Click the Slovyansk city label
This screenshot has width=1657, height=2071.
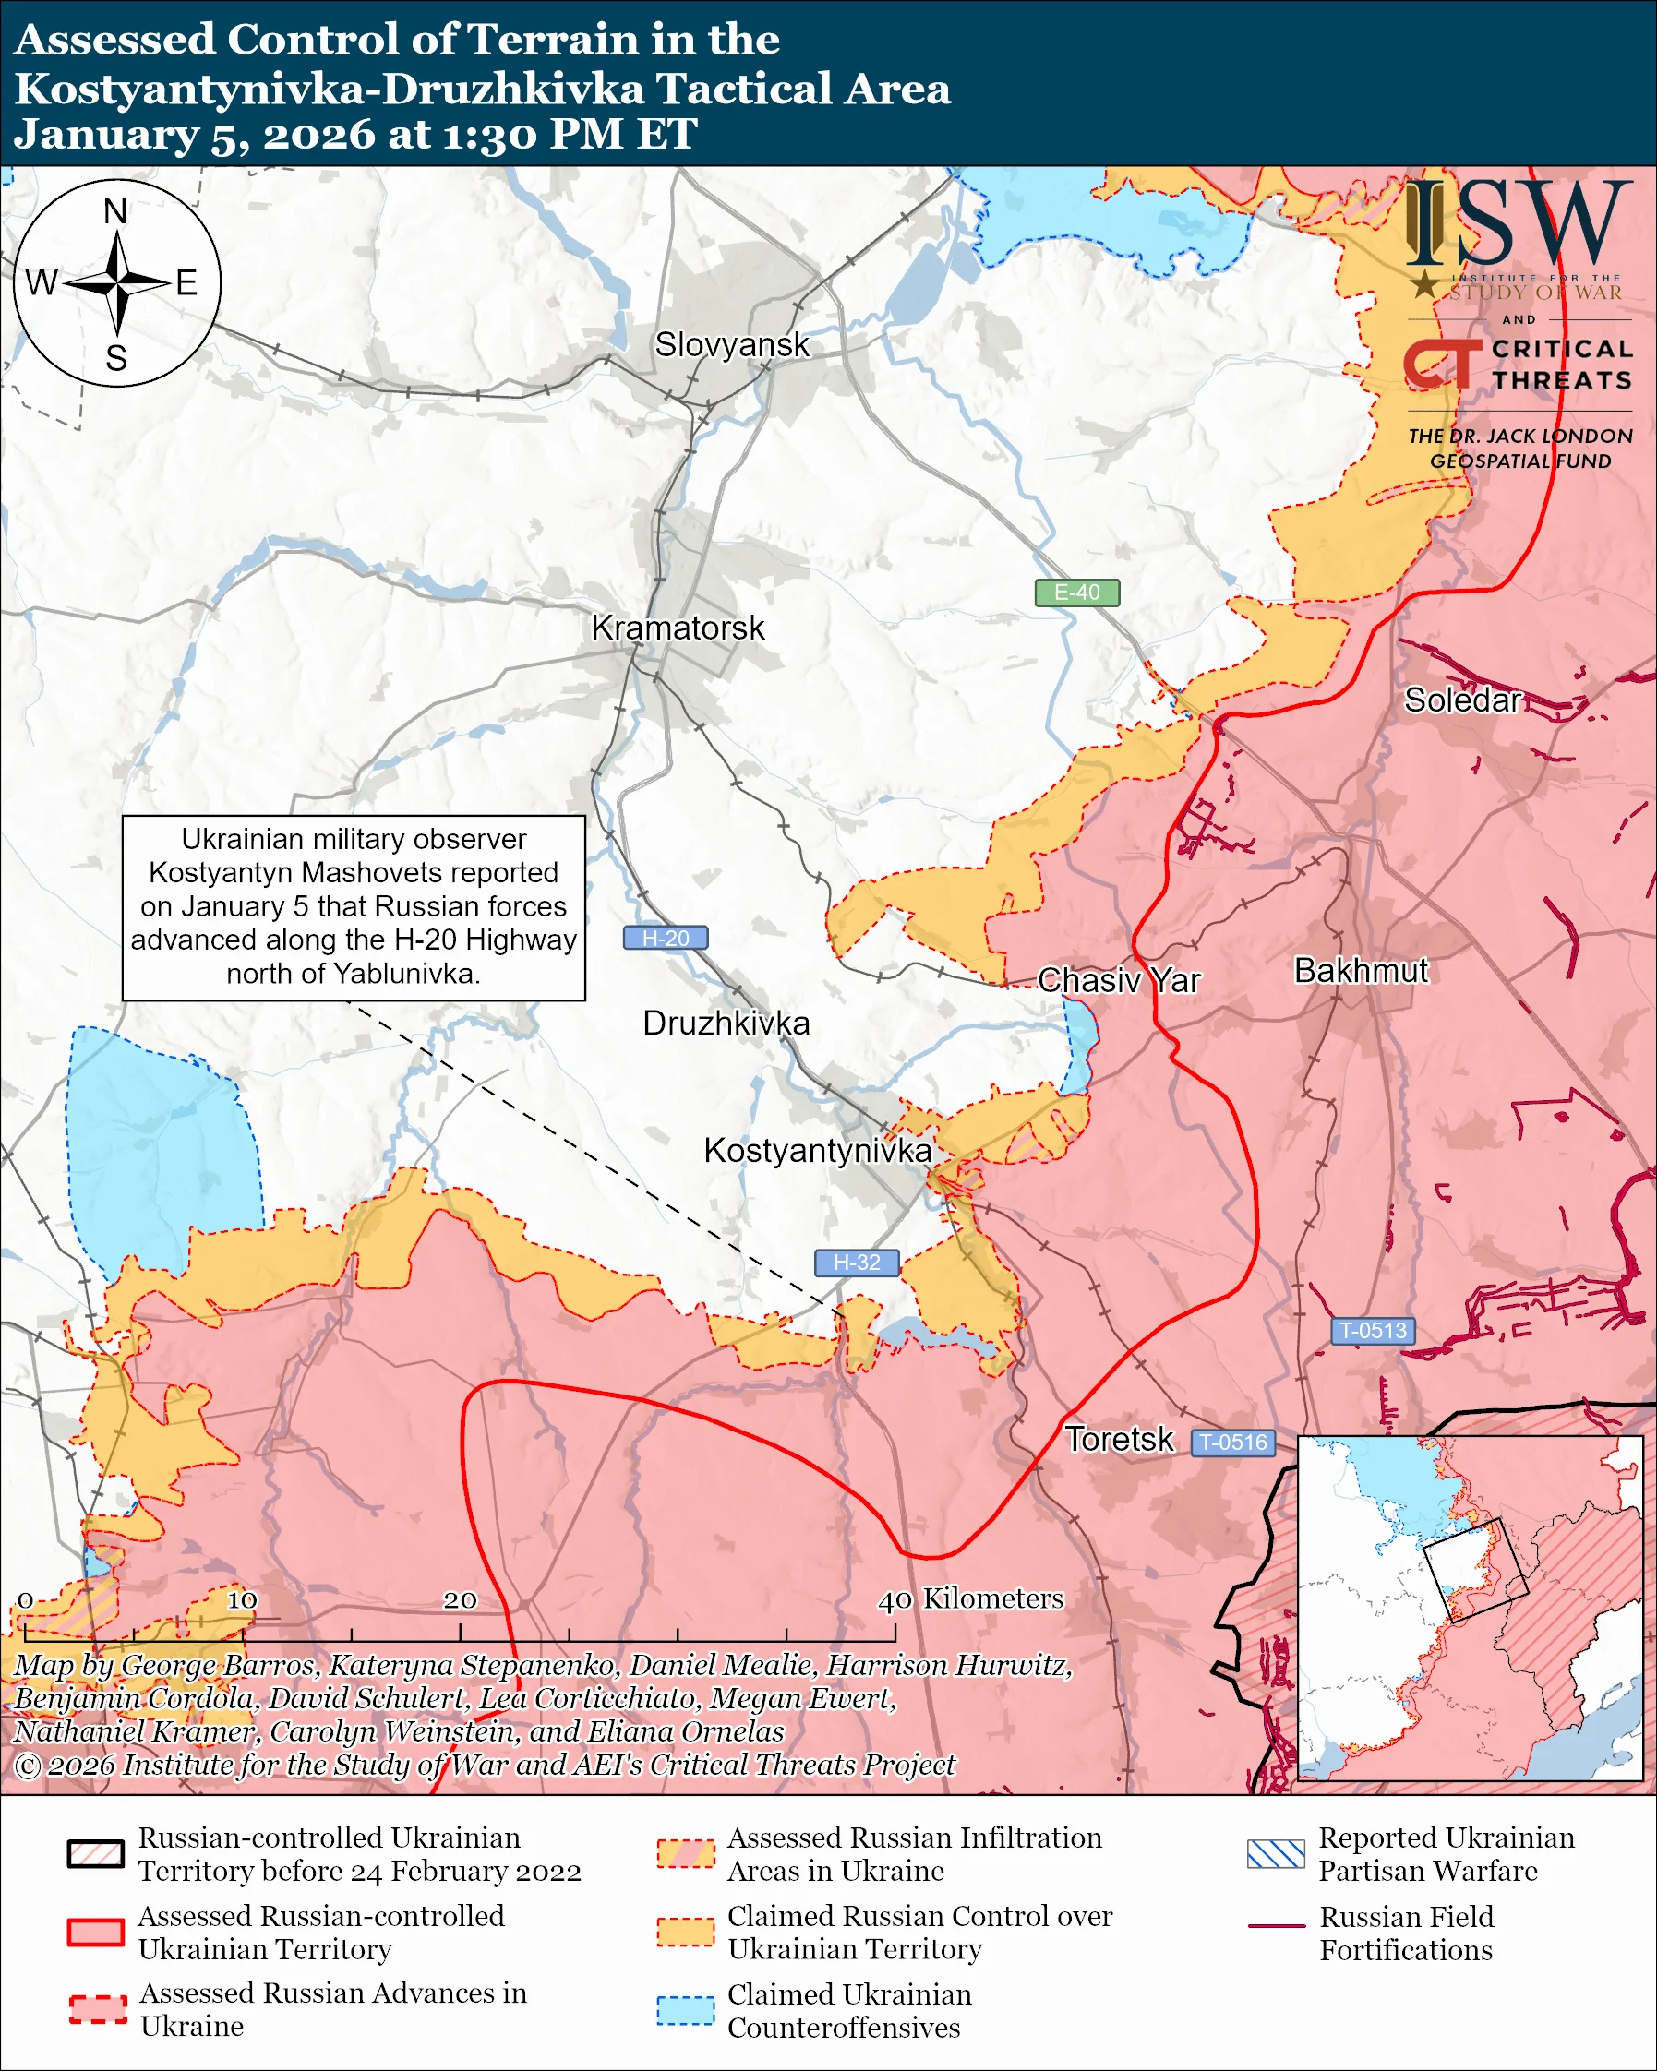coord(732,345)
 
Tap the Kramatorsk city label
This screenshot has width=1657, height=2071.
coord(678,628)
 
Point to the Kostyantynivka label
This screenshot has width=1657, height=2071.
coord(818,1151)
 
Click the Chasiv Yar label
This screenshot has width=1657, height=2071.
coord(1119,981)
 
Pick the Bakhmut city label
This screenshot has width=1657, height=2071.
coord(1362,971)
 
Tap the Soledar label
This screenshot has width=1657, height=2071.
coord(1462,700)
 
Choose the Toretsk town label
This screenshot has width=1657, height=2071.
coord(1119,1440)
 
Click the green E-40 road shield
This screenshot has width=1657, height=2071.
coord(1076,593)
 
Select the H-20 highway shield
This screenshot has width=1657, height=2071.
coord(666,939)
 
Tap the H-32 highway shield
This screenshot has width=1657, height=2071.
coord(856,1263)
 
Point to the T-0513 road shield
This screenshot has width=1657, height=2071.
coord(1373,1332)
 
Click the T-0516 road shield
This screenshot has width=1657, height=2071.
coord(1233,1443)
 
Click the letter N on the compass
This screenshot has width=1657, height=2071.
coord(115,210)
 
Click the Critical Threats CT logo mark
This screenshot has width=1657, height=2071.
coord(1441,365)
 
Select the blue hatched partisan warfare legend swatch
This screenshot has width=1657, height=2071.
coord(1276,1853)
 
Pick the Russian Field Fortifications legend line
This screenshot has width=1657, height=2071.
coord(1276,1926)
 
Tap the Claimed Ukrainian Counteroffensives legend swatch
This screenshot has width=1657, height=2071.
coord(685,2010)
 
